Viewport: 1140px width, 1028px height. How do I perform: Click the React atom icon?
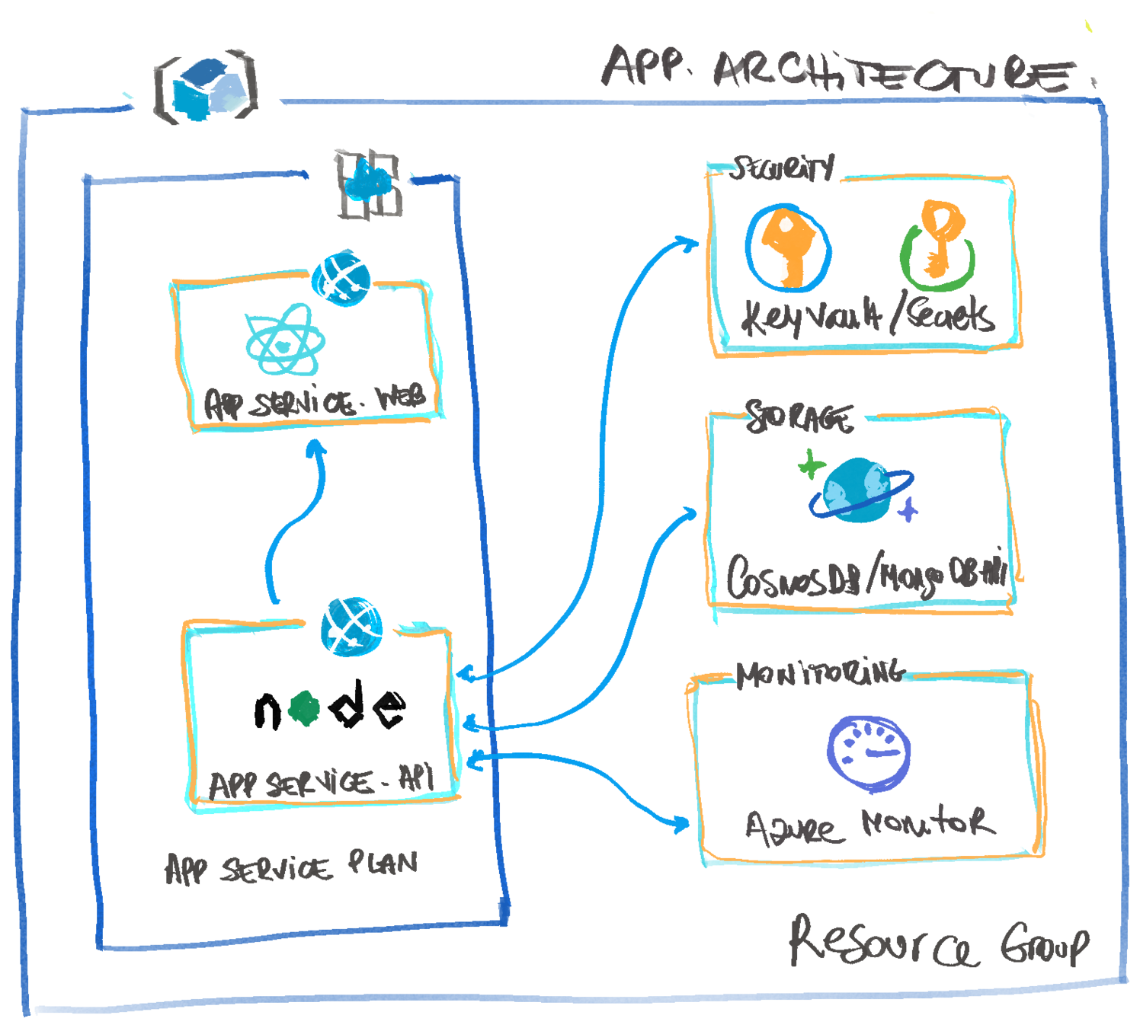[285, 340]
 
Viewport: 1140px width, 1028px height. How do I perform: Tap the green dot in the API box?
[303, 709]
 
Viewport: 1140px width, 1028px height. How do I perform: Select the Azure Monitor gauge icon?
[869, 749]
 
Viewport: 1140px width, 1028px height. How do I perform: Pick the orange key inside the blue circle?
[789, 247]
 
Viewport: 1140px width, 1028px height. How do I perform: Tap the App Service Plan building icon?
[369, 184]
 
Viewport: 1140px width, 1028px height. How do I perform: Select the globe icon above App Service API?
[351, 627]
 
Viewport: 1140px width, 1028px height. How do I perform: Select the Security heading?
[780, 168]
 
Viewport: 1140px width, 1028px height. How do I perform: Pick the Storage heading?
[799, 417]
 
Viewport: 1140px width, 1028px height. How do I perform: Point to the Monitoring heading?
[820, 673]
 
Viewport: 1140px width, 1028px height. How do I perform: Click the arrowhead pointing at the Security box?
[689, 244]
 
